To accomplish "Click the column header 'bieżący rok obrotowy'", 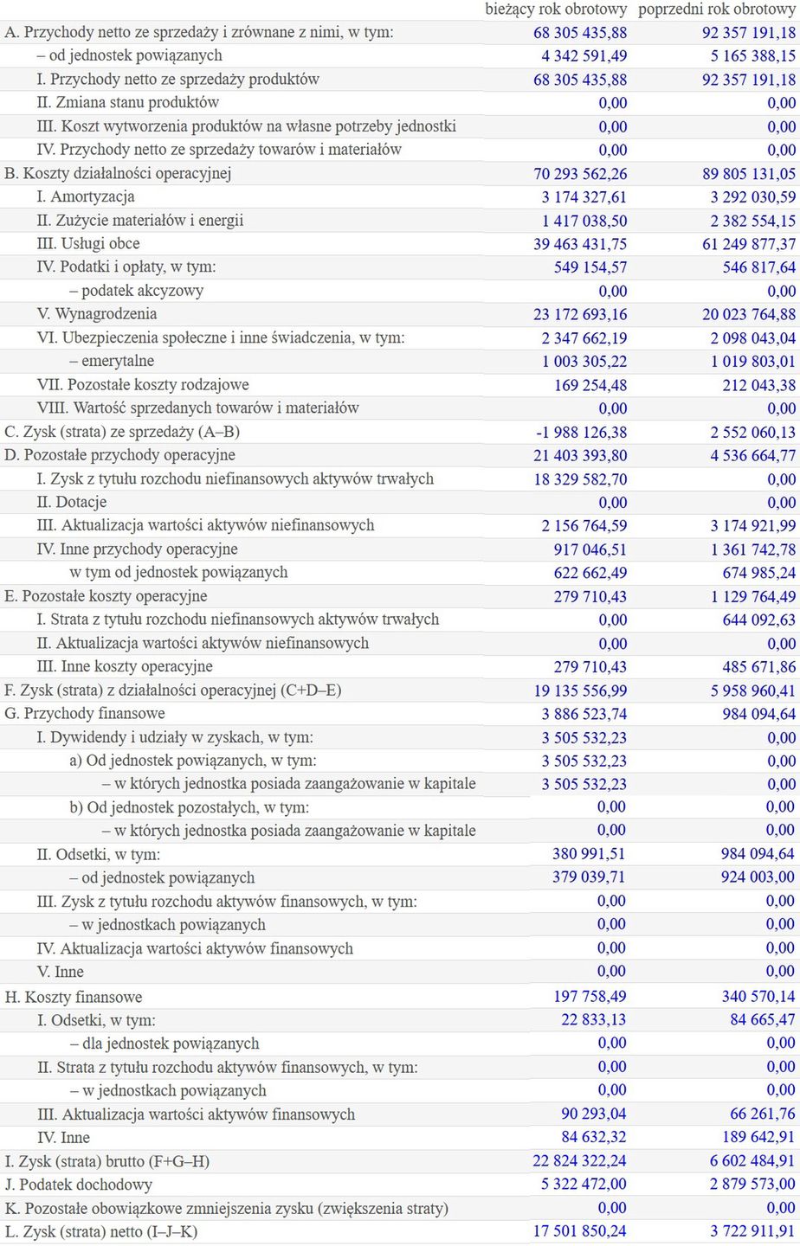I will (556, 10).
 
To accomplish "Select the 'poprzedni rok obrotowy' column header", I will (717, 10).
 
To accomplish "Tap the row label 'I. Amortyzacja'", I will (86, 196).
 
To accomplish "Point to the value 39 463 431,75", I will (580, 244).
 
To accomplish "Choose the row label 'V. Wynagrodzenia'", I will (97, 314).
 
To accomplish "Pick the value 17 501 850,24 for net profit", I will (580, 1230).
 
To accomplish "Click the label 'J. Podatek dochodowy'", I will (79, 1185).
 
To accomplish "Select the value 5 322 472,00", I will (584, 1184).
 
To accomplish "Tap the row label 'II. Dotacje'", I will (72, 502).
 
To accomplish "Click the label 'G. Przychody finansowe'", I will (85, 713).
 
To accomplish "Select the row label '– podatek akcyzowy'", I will (137, 291).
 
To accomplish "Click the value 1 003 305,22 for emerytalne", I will (584, 361).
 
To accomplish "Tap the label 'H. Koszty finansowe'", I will (74, 997).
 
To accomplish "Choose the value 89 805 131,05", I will (749, 173).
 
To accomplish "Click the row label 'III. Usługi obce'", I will (88, 244).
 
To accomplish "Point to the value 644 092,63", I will (759, 620).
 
